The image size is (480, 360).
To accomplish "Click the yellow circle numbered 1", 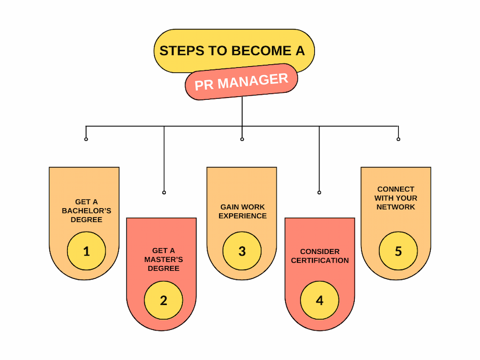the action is [86, 250].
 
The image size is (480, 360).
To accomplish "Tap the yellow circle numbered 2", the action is [163, 300].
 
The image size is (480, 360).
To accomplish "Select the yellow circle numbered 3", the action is [242, 250].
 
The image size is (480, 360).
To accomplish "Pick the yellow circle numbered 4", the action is [319, 300].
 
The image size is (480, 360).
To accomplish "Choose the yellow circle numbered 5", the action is [398, 250].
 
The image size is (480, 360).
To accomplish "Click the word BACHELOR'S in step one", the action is [86, 210].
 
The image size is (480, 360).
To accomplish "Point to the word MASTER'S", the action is [163, 259].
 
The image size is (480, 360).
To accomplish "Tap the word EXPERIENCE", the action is [242, 216].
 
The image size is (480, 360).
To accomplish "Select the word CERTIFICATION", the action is [319, 260].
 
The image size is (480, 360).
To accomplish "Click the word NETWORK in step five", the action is [395, 207].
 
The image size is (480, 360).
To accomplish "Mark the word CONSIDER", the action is [319, 252].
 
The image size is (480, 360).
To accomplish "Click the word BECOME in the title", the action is [261, 50].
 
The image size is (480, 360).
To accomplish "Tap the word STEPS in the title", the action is [182, 50].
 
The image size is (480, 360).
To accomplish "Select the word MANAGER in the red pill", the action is [253, 81].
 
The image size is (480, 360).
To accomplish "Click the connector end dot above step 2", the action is [164, 192].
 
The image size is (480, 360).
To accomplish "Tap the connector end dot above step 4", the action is [319, 192].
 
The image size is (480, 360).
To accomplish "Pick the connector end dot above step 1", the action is [86, 139].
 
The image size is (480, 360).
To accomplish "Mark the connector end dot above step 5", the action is [398, 139].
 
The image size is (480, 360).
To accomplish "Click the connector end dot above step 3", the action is [242, 139].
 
